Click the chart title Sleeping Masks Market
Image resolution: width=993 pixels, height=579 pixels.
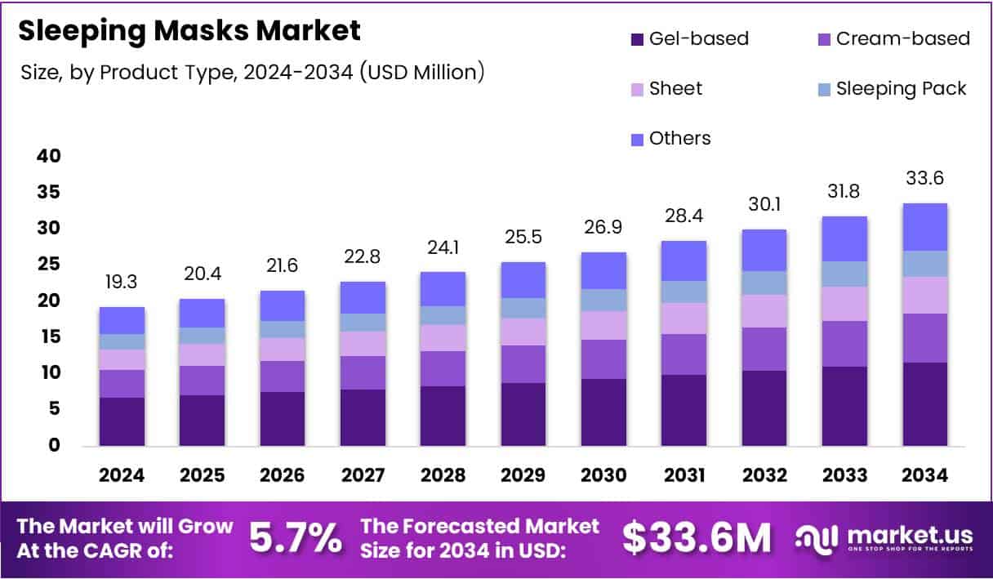[189, 31]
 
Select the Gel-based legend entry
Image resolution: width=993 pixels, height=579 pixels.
[689, 38]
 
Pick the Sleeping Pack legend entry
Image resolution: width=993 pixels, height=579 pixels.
[891, 89]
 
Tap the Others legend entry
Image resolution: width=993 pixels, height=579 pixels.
[670, 139]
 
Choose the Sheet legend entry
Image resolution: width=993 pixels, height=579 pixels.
[666, 89]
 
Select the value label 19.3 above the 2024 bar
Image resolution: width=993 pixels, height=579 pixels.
[122, 283]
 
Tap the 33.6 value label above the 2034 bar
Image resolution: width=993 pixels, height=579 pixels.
[924, 178]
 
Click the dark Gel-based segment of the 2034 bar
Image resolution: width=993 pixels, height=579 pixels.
[924, 404]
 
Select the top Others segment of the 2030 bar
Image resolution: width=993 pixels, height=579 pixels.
[603, 270]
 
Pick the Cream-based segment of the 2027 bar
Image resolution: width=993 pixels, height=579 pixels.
[363, 372]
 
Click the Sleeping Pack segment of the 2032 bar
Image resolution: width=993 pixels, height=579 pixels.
[764, 283]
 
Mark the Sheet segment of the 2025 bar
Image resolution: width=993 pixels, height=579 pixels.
[202, 354]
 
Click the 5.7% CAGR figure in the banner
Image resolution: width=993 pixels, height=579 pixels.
[296, 539]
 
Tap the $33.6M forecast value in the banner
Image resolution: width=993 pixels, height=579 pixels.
[697, 539]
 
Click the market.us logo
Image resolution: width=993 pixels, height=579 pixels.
[885, 539]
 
